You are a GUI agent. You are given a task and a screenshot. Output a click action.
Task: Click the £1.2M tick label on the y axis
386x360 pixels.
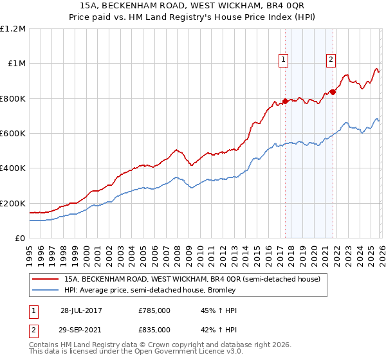[x=13, y=29]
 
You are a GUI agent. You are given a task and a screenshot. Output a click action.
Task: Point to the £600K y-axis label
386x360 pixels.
[x=13, y=134]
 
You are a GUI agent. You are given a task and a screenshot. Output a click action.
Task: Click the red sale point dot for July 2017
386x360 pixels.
[x=285, y=101]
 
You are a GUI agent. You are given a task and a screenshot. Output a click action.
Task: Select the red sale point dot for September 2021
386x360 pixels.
[x=333, y=92]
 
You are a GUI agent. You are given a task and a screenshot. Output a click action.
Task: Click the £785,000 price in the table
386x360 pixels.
[x=154, y=310]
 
